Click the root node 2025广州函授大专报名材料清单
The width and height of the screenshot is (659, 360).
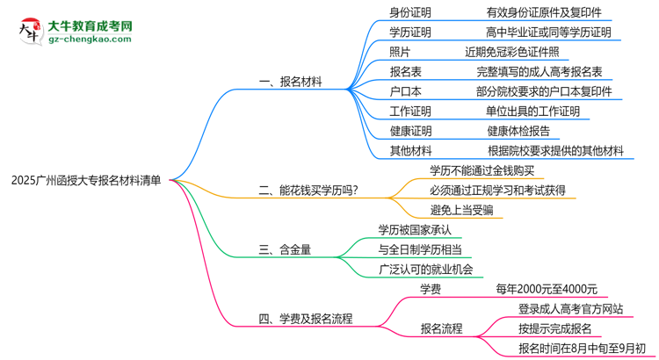click(x=86, y=179)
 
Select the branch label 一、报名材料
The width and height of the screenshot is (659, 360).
click(x=291, y=82)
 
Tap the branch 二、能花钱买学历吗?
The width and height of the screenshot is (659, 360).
click(x=308, y=189)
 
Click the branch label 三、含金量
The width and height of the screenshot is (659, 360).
click(x=286, y=249)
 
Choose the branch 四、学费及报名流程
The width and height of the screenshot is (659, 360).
click(x=312, y=318)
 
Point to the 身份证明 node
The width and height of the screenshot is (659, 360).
click(x=410, y=12)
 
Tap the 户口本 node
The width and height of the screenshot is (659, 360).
click(x=405, y=91)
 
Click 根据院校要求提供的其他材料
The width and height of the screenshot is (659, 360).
click(x=555, y=151)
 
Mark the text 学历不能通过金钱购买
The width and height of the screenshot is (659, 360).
click(x=482, y=170)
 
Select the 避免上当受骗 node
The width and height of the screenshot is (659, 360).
click(x=461, y=209)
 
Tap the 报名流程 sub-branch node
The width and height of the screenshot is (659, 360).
click(x=442, y=328)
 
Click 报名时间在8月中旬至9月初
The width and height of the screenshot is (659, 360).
click(x=582, y=348)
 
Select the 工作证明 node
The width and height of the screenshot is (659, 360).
click(x=410, y=112)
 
